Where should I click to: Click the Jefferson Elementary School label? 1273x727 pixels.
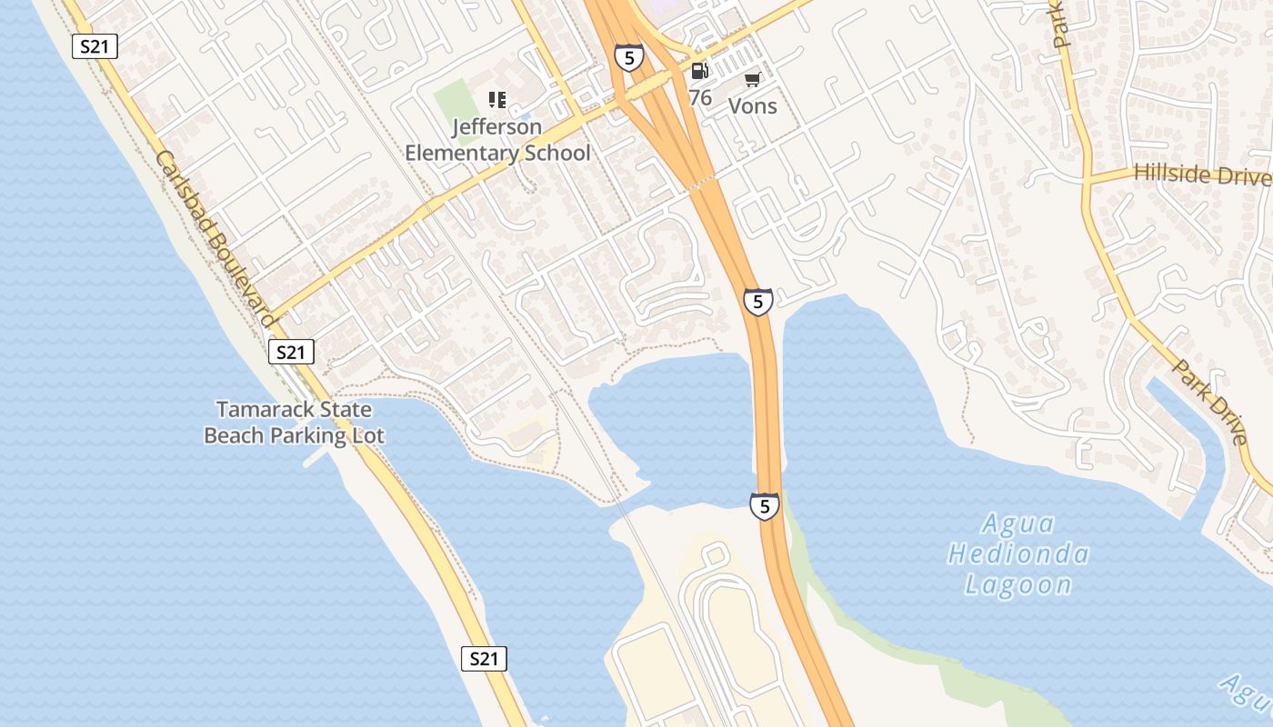pyautogui.click(x=497, y=140)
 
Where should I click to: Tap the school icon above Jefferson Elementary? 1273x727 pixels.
pyautogui.click(x=496, y=99)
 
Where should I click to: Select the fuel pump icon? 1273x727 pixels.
pyautogui.click(x=699, y=70)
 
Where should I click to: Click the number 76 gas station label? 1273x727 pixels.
pyautogui.click(x=700, y=97)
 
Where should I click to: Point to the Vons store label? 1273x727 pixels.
pyautogui.click(x=753, y=105)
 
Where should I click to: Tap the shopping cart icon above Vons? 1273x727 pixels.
pyautogui.click(x=752, y=80)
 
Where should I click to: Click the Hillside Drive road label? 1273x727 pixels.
pyautogui.click(x=1201, y=174)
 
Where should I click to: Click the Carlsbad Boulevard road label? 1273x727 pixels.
pyautogui.click(x=216, y=238)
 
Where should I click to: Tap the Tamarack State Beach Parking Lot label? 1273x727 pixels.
pyautogui.click(x=294, y=423)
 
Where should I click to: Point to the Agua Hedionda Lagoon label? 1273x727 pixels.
pyautogui.click(x=1018, y=553)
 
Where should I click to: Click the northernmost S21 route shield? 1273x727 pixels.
pyautogui.click(x=95, y=46)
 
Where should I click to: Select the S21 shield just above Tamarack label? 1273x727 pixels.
pyautogui.click(x=291, y=352)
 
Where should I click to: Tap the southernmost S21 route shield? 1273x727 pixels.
pyautogui.click(x=484, y=659)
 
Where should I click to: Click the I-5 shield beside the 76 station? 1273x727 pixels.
pyautogui.click(x=628, y=57)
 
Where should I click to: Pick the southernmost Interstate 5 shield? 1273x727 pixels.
pyautogui.click(x=765, y=506)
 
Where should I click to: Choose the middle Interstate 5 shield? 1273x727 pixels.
pyautogui.click(x=757, y=302)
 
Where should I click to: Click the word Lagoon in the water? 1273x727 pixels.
pyautogui.click(x=1018, y=584)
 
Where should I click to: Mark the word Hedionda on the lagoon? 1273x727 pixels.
pyautogui.click(x=1018, y=553)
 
